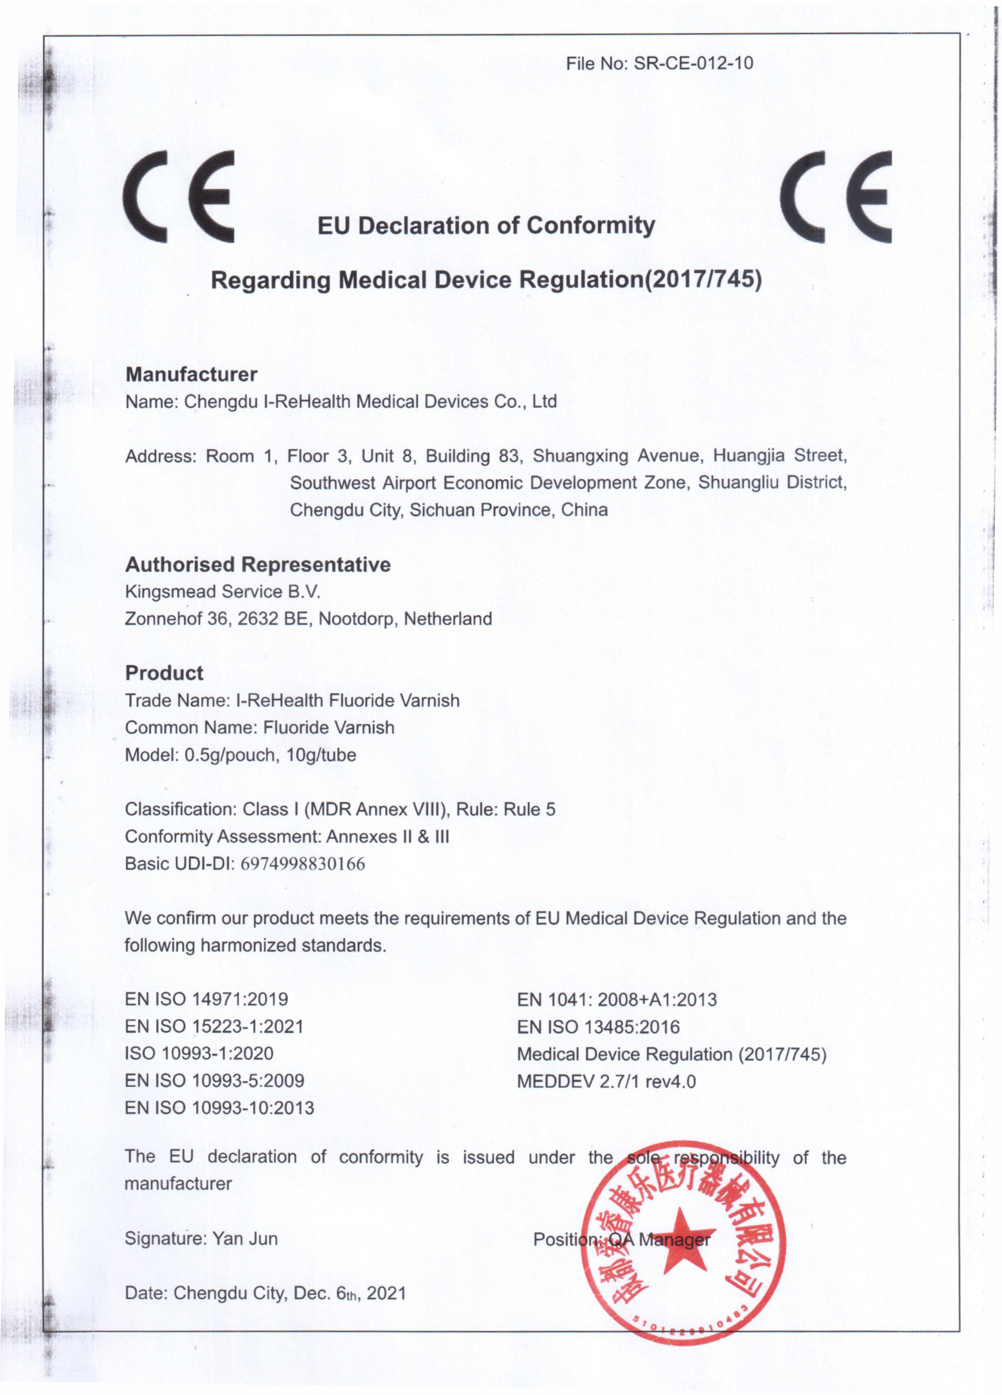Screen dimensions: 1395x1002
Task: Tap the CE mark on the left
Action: [x=178, y=196]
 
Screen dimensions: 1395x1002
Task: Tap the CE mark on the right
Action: [x=835, y=196]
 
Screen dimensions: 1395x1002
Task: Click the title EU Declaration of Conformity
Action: [x=486, y=226]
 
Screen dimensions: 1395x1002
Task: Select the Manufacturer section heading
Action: [x=191, y=374]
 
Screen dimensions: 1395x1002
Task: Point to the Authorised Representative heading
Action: [x=258, y=564]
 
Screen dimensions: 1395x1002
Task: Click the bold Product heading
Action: [x=164, y=672]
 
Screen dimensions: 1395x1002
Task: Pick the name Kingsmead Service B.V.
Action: [x=223, y=592]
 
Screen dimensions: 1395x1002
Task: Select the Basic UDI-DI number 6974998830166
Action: [x=302, y=864]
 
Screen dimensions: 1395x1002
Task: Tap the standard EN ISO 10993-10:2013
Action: [x=220, y=1108]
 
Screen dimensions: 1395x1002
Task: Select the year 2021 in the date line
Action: [x=387, y=1293]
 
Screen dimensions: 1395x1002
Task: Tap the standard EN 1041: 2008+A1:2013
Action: [x=617, y=1000]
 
